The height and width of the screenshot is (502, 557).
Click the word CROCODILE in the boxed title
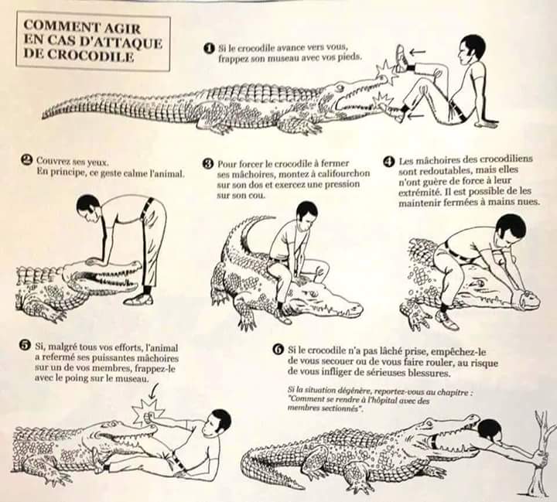pos(90,56)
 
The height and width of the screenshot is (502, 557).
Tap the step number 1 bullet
pos(210,48)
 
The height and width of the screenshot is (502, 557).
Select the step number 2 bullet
pos(27,160)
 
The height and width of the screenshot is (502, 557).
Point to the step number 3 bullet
pos(207,163)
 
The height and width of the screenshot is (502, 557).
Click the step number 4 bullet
pos(389,162)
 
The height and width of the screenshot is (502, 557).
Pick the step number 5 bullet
pos(26,345)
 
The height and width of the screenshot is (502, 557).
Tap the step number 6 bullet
pos(278,350)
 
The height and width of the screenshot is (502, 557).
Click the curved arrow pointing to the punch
pos(154,391)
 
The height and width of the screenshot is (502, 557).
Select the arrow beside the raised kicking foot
pos(418,53)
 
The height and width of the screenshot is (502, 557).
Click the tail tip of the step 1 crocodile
pos(43,116)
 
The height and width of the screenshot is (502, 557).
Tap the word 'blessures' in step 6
pos(430,373)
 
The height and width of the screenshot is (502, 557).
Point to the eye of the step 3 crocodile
pos(313,294)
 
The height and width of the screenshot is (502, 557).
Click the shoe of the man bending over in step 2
pos(138,299)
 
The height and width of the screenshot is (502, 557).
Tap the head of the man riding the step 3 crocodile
pos(306,212)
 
